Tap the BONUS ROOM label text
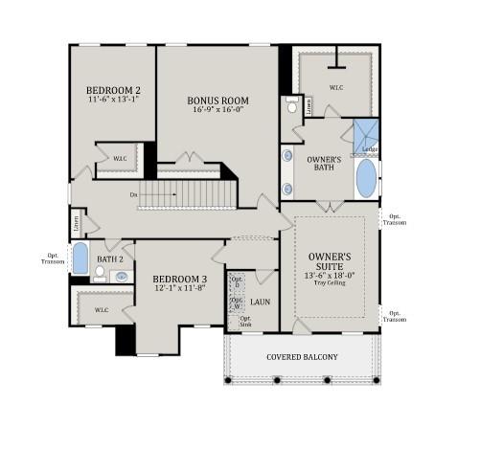pyautogui.click(x=217, y=99)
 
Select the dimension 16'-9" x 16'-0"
pyautogui.click(x=217, y=109)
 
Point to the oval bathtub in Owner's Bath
pyautogui.click(x=366, y=177)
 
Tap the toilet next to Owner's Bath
pyautogui.click(x=291, y=108)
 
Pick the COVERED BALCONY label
pyautogui.click(x=302, y=357)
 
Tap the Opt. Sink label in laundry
pyautogui.click(x=245, y=322)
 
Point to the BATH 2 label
pyautogui.click(x=110, y=258)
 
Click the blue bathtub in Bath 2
pyautogui.click(x=80, y=259)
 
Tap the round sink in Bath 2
pyautogui.click(x=121, y=276)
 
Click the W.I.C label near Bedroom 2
pyautogui.click(x=120, y=158)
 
